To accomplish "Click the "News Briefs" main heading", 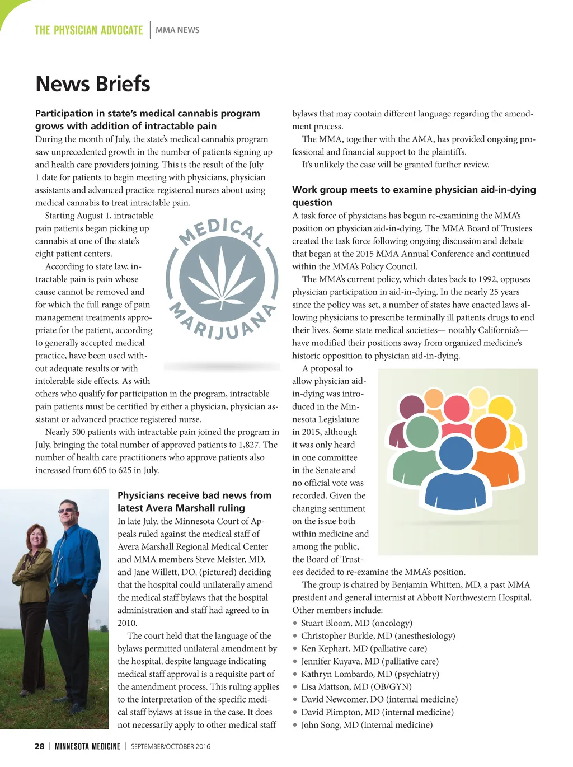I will coord(93,84).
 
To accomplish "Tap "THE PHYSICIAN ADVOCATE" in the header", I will coord(89,30).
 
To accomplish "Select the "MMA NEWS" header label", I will coord(177,30).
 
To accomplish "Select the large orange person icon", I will coord(490,437).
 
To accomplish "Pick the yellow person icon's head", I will coord(478,396).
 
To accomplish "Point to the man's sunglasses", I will coord(67,510).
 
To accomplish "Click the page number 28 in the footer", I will coord(40,746).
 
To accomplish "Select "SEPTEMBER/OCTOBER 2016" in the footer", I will coord(171,746).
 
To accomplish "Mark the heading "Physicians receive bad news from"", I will coord(194,495).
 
